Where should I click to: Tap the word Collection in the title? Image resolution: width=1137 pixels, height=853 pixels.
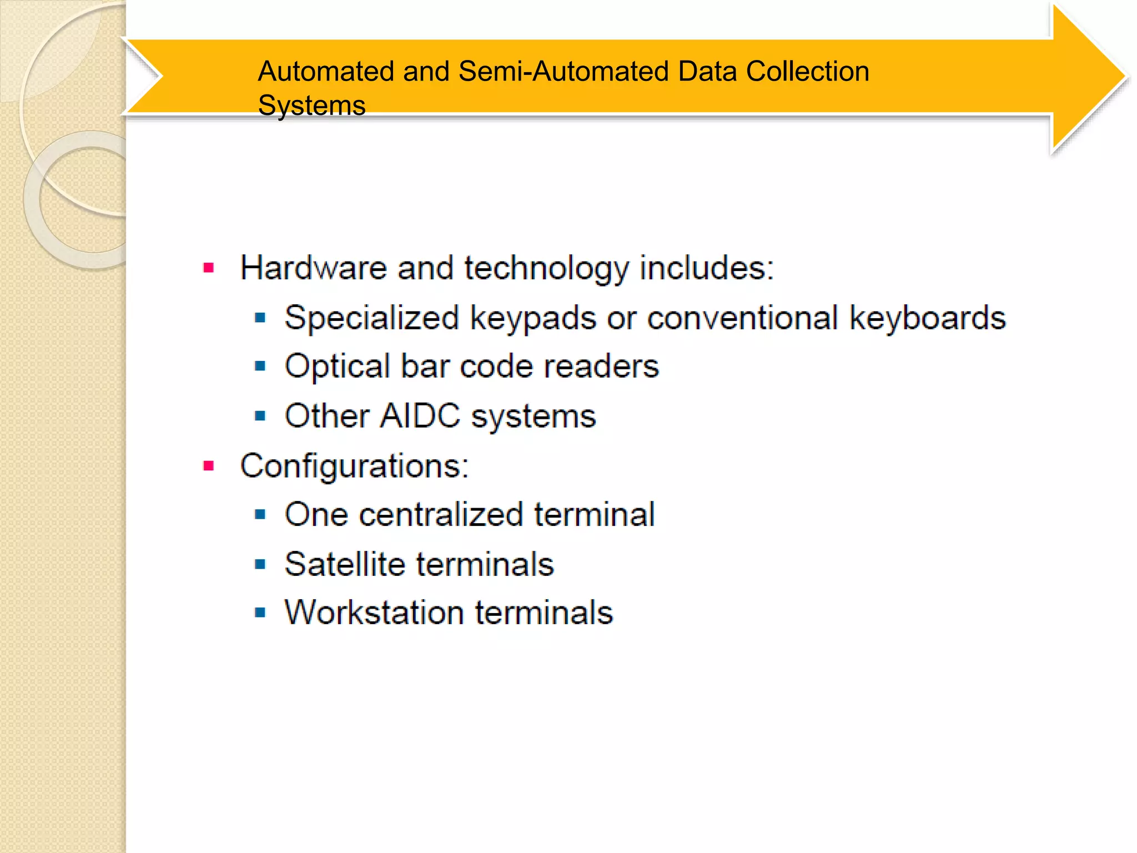point(807,72)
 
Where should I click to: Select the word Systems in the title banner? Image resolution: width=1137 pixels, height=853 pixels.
point(311,106)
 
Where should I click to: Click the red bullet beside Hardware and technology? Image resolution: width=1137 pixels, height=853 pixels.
point(209,269)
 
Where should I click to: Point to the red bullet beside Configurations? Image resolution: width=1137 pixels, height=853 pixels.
point(209,466)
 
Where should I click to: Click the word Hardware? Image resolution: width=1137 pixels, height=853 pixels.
point(313,268)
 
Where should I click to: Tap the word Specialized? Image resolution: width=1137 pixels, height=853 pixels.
point(371,318)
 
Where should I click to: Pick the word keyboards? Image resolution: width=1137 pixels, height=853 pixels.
point(928,318)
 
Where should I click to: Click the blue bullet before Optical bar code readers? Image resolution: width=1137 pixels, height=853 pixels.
point(260,367)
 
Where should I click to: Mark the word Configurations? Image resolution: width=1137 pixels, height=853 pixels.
point(354,466)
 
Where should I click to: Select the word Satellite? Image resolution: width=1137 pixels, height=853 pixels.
point(345,564)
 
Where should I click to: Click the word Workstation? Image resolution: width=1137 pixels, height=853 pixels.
point(374,613)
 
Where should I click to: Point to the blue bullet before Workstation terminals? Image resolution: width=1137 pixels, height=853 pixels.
point(260,613)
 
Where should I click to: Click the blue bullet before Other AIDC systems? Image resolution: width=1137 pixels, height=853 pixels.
point(260,416)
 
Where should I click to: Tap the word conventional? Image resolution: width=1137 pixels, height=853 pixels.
point(742,318)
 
